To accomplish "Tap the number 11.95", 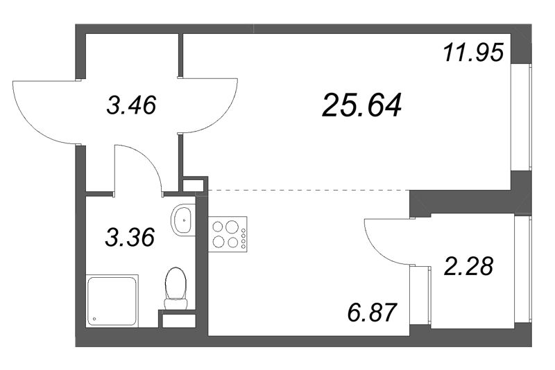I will pyautogui.click(x=472, y=52).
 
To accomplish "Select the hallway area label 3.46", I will pyautogui.click(x=131, y=105).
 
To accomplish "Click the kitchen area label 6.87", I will pyautogui.click(x=372, y=312).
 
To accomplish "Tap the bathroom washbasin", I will pyautogui.click(x=184, y=220).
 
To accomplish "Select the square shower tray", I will pyautogui.click(x=112, y=301).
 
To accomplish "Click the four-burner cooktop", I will pyautogui.click(x=228, y=234).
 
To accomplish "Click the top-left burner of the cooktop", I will pyautogui.click(x=217, y=227).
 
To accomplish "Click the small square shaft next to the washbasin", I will pyautogui.click(x=194, y=184).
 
